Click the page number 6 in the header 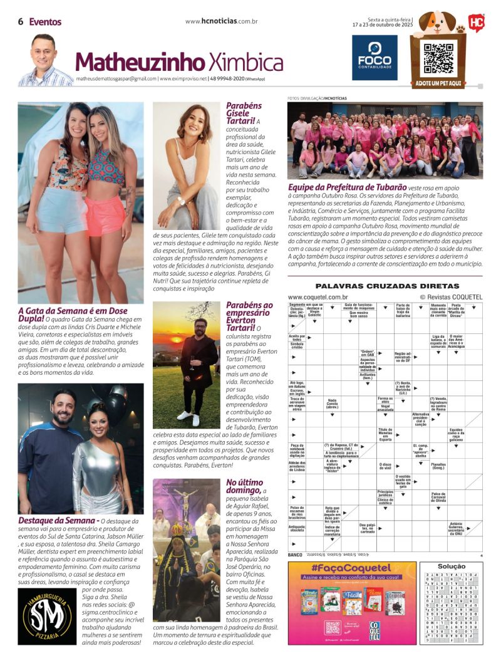(x=21, y=22)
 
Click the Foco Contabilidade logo (x=374, y=57)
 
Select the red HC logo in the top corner (x=477, y=23)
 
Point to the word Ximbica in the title (x=245, y=63)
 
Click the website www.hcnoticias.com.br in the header (x=222, y=21)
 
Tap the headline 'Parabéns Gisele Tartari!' (x=244, y=113)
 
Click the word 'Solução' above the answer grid (x=451, y=566)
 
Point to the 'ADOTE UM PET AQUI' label (x=438, y=83)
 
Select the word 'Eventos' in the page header (x=45, y=22)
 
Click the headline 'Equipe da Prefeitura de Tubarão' (x=337, y=187)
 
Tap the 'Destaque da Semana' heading (x=56, y=520)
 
